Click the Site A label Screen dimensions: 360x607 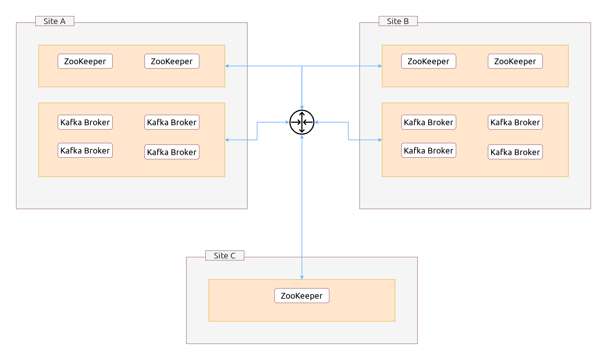point(55,21)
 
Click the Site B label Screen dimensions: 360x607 point(398,21)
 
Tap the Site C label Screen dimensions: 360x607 point(225,256)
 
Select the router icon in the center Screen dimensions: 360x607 point(302,122)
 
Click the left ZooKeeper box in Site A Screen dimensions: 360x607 point(85,61)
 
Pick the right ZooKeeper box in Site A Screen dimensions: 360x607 point(172,61)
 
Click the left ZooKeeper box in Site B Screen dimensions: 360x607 point(429,61)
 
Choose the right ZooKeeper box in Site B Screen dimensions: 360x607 point(515,61)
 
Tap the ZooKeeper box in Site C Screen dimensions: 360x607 point(302,296)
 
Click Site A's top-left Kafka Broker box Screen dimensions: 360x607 point(85,122)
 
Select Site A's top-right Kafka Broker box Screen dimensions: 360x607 point(172,122)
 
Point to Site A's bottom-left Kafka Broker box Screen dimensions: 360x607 point(85,150)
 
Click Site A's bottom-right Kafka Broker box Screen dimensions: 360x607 point(172,152)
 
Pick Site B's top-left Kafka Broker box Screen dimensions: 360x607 point(429,122)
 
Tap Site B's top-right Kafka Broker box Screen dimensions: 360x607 point(515,122)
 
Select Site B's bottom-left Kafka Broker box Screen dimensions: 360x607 point(429,150)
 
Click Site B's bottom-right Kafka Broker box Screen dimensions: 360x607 point(515,152)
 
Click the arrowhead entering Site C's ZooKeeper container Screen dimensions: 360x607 point(302,277)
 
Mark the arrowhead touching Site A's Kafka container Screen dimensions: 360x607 point(227,140)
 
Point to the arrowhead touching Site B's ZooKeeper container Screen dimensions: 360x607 point(380,66)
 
